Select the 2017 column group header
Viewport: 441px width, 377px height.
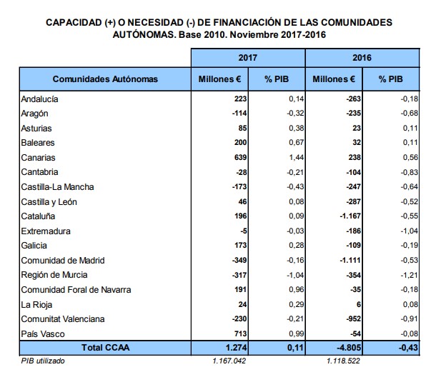click(x=247, y=56)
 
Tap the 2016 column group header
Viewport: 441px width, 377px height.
click(x=361, y=56)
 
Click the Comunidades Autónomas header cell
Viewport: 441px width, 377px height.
click(x=105, y=79)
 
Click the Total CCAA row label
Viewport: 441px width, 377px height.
click(x=106, y=348)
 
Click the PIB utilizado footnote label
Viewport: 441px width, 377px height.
click(x=43, y=361)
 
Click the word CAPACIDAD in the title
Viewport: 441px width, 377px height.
click(x=74, y=22)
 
